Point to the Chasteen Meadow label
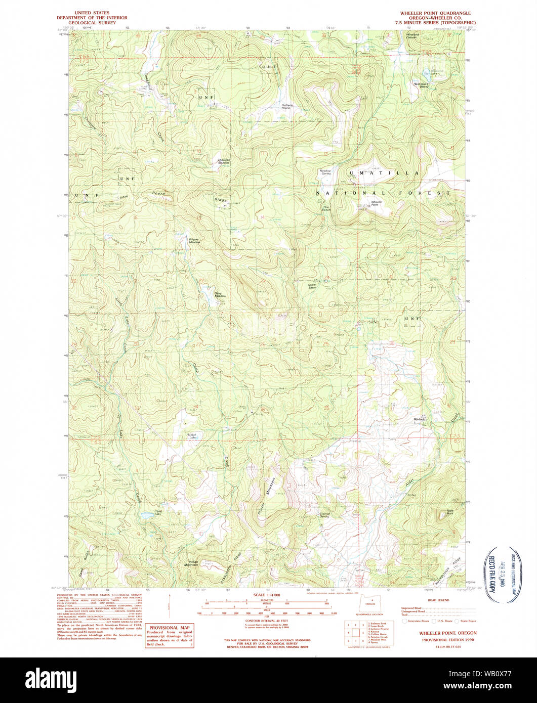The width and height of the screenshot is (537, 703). pos(224,161)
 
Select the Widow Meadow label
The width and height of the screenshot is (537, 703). pos(194,241)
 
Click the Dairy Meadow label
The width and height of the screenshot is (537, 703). pos(220,295)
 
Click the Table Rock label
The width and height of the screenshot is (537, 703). pos(449,513)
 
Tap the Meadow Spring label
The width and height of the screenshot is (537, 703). pos(325,172)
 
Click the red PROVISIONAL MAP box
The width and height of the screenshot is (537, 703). pos(170,636)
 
